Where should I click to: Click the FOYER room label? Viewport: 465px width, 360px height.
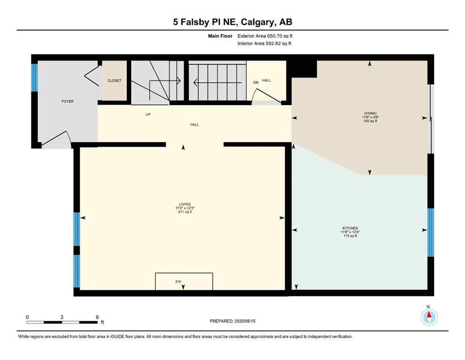(x=67, y=101)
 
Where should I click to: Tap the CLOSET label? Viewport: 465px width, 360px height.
(x=114, y=81)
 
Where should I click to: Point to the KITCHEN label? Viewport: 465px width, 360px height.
(x=350, y=228)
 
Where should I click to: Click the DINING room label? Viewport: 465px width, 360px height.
(x=370, y=113)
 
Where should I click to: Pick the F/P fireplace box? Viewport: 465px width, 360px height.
(x=184, y=281)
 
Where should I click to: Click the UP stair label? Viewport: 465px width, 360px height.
(x=148, y=114)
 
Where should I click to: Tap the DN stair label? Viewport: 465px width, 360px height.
(x=256, y=82)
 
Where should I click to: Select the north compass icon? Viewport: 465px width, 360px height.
(x=429, y=317)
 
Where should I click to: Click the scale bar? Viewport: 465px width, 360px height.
(x=62, y=322)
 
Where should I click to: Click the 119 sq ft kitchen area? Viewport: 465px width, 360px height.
(x=350, y=236)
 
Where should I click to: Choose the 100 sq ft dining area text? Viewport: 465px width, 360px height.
(x=370, y=121)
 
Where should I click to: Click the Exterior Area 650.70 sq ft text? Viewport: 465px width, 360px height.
(x=266, y=36)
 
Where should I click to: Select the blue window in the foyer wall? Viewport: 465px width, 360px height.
(x=34, y=77)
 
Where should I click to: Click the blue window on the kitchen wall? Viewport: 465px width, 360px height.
(x=431, y=232)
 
